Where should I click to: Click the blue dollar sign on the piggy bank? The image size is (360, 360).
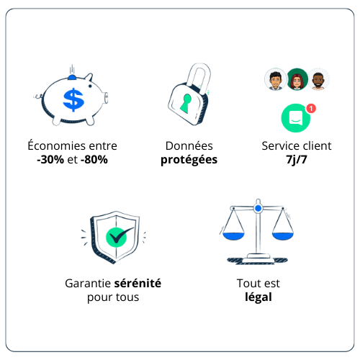tap(73, 100)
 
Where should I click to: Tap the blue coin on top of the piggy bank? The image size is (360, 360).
tap(72, 77)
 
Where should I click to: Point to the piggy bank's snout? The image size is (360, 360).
tap(106, 98)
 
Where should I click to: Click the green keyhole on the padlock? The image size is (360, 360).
tap(186, 104)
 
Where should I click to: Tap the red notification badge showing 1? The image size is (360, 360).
tap(311, 109)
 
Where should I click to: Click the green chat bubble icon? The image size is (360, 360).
tap(296, 118)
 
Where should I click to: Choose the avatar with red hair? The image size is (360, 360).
tap(297, 79)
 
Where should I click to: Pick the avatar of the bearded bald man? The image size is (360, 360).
tap(318, 79)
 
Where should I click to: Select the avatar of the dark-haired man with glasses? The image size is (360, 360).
tap(275, 79)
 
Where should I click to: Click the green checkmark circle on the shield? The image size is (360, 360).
tap(117, 237)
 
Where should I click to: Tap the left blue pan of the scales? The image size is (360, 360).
tap(233, 236)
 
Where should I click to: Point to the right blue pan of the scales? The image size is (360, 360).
tap(283, 236)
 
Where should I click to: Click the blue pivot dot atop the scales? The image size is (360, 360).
tap(258, 208)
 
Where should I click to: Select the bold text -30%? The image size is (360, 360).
tap(50, 160)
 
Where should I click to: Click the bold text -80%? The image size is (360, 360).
tap(94, 160)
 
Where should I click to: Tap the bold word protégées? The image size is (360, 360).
tap(189, 160)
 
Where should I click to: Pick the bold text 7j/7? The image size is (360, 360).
tap(297, 160)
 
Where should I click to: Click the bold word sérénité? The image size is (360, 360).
tap(138, 283)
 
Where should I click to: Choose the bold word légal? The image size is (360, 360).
tap(258, 297)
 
